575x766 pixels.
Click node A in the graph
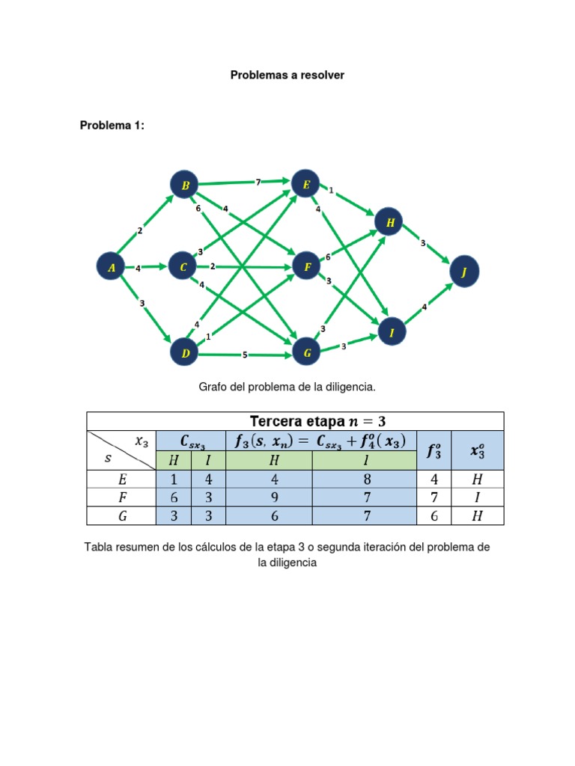112,267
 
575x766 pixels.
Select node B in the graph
185,185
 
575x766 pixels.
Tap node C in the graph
183,266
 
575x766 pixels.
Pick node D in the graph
185,353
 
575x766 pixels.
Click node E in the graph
305,183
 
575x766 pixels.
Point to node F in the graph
306,266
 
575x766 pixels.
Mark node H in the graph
390,222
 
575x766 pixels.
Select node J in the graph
463,273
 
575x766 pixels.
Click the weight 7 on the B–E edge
258,182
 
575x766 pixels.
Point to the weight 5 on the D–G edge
244,355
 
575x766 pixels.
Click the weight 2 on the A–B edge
139,230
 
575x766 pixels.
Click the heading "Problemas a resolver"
287,76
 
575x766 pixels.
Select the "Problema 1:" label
112,126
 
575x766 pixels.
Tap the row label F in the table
122,497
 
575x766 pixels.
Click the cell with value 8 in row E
364,479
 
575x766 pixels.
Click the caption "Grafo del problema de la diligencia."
287,387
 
